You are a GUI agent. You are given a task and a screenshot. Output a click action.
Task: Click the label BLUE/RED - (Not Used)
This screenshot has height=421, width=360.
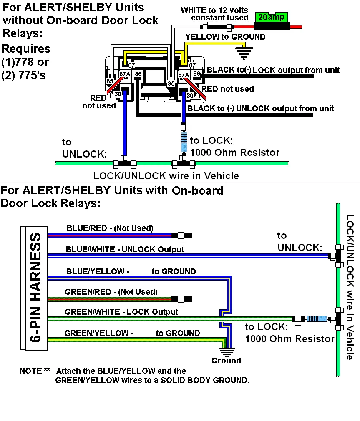click(x=110, y=228)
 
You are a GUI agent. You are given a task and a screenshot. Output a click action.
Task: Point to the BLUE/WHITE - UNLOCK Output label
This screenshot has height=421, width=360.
click(x=125, y=249)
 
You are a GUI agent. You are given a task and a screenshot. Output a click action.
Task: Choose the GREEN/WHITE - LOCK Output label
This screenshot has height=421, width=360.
click(x=121, y=312)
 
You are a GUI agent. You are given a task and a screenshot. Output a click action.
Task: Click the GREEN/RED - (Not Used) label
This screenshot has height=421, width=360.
click(x=111, y=292)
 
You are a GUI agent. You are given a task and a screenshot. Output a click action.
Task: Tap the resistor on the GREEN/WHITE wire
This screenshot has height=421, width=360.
click(x=316, y=319)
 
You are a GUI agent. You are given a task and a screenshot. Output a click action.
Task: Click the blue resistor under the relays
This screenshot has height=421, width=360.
click(x=184, y=142)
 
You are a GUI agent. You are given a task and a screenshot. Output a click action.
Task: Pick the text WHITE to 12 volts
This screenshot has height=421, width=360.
click(x=214, y=10)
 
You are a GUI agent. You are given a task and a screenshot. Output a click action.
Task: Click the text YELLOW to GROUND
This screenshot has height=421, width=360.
click(x=225, y=37)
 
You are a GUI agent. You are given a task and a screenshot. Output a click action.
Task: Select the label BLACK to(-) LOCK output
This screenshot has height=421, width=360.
click(x=273, y=70)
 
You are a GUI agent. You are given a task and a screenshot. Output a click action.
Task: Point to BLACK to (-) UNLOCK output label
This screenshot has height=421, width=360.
click(x=261, y=108)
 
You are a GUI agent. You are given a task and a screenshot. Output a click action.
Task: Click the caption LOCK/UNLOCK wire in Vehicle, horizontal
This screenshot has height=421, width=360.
click(x=166, y=175)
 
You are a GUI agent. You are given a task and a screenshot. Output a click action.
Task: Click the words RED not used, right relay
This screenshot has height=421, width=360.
click(x=228, y=89)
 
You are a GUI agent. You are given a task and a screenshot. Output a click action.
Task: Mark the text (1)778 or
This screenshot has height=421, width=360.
click(x=25, y=62)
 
